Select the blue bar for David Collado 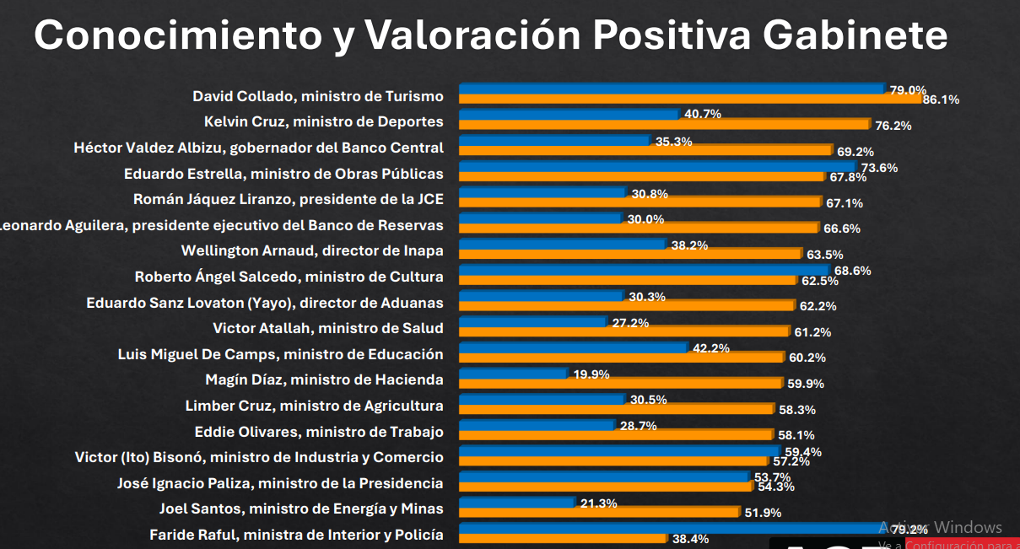pyautogui.click(x=671, y=89)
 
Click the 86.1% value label pyautogui.click(x=941, y=100)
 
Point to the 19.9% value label pyautogui.click(x=591, y=374)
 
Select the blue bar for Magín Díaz pyautogui.click(x=513, y=373)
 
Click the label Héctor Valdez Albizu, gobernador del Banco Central pyautogui.click(x=258, y=148)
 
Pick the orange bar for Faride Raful pyautogui.click(x=563, y=538)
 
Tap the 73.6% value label pyautogui.click(x=879, y=168)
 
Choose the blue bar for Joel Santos pyautogui.click(x=517, y=503)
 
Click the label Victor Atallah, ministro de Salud pyautogui.click(x=328, y=328)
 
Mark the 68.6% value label pyautogui.click(x=852, y=271)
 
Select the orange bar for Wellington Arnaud pyautogui.click(x=629, y=254)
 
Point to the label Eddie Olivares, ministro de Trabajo pyautogui.click(x=319, y=432)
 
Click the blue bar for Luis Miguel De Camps pyautogui.click(x=573, y=347)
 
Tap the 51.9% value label pyautogui.click(x=763, y=513)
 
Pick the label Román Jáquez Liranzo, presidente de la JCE pyautogui.click(x=289, y=199)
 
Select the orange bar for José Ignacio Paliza pyautogui.click(x=605, y=487)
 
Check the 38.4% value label pyautogui.click(x=690, y=539)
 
